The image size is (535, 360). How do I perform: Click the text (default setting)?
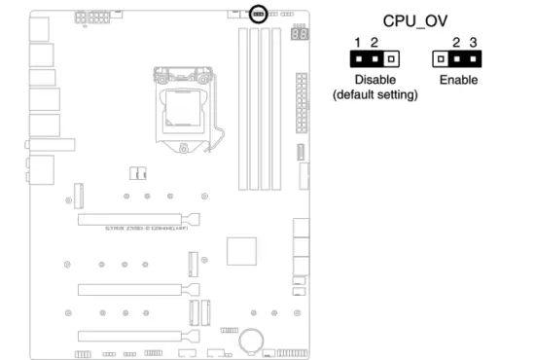(375, 95)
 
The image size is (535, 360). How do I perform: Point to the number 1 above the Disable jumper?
(357, 43)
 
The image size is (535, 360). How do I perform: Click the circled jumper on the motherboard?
(259, 14)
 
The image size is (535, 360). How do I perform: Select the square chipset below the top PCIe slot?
(239, 250)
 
